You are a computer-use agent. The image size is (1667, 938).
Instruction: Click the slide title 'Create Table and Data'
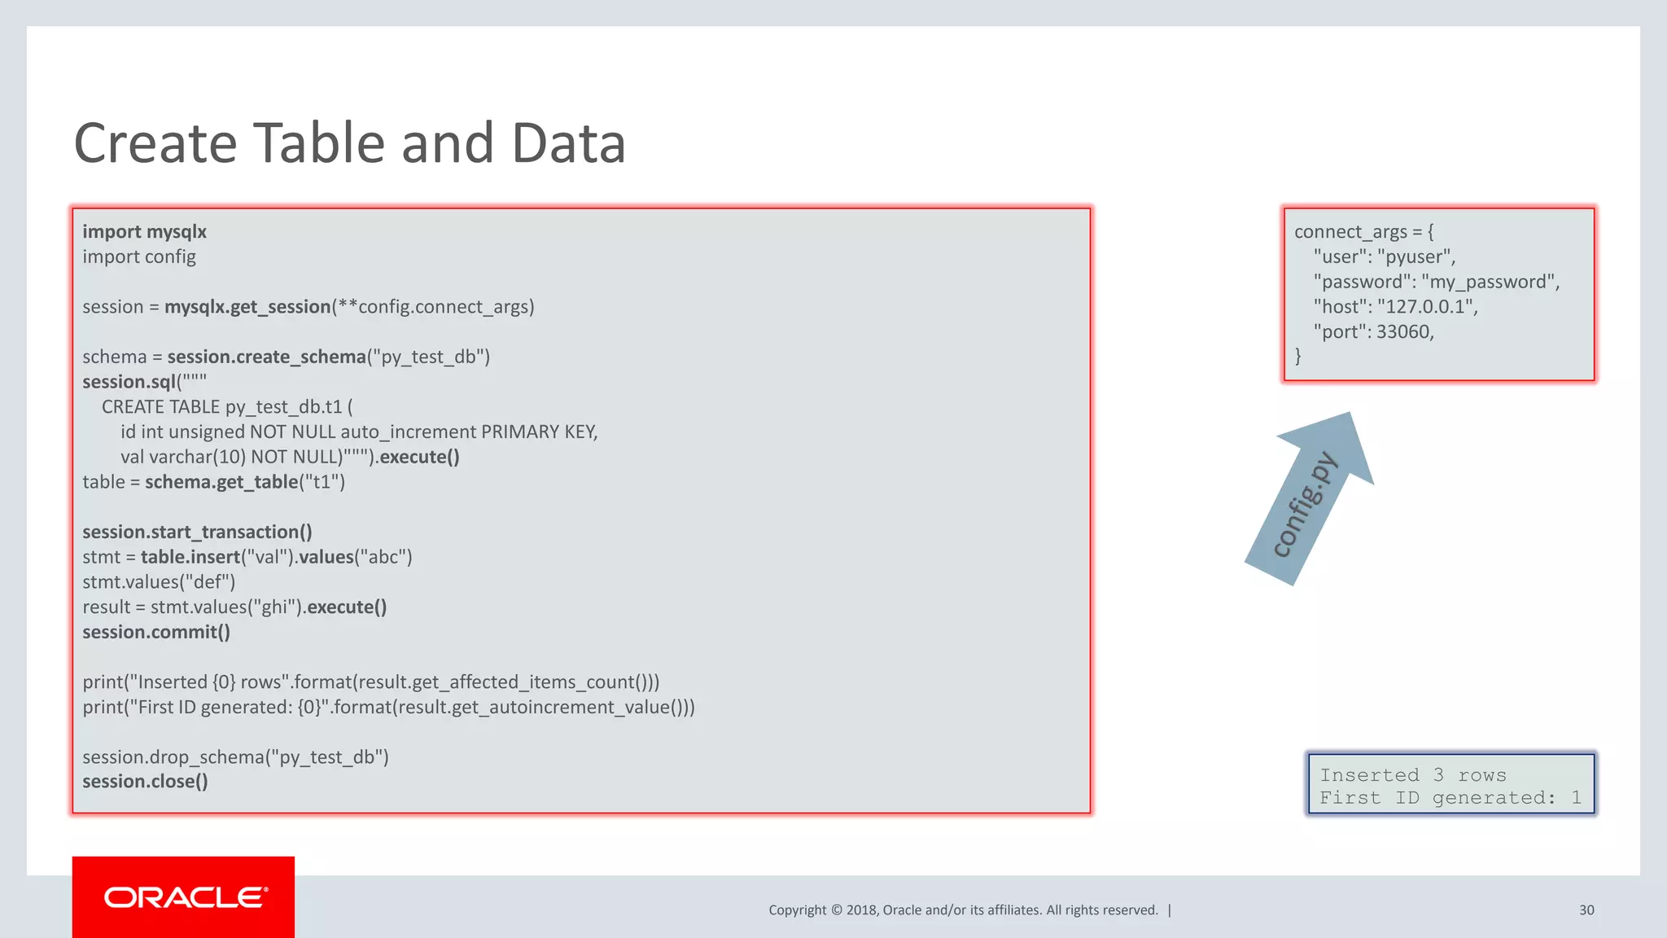pyautogui.click(x=350, y=143)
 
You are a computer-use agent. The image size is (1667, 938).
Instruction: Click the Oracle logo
pyautogui.click(x=184, y=897)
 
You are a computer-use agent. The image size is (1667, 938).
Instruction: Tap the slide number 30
pyautogui.click(x=1586, y=910)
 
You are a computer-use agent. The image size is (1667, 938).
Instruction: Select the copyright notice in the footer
pyautogui.click(x=963, y=910)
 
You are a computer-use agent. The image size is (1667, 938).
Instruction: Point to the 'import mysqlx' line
pyautogui.click(x=144, y=232)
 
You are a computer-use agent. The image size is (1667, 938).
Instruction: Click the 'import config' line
pyautogui.click(x=139, y=257)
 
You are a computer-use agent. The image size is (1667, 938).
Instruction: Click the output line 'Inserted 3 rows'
pyautogui.click(x=1412, y=775)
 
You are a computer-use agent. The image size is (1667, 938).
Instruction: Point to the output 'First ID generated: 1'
pyautogui.click(x=1450, y=798)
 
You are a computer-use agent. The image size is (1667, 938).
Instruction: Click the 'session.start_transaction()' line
pyautogui.click(x=197, y=533)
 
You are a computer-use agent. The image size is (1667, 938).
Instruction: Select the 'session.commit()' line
pyautogui.click(x=156, y=633)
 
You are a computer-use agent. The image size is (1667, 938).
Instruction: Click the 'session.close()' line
pyautogui.click(x=145, y=782)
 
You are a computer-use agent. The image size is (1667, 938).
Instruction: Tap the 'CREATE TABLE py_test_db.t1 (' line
pyautogui.click(x=227, y=407)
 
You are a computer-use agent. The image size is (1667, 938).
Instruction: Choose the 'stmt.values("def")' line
pyautogui.click(x=159, y=582)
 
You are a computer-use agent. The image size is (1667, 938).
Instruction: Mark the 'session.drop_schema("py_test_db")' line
pyautogui.click(x=235, y=757)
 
